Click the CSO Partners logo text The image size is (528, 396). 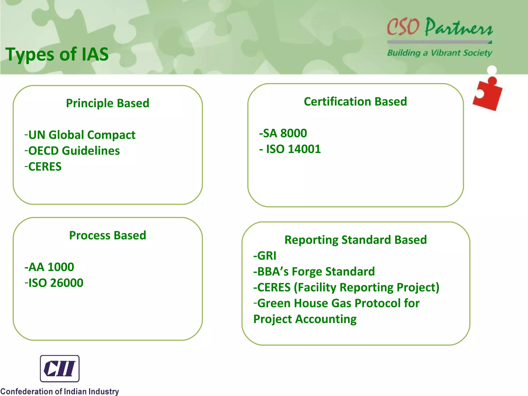coord(440,27)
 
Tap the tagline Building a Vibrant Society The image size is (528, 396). coord(440,53)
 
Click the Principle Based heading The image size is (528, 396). coord(108,103)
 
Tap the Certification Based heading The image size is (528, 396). coord(355,102)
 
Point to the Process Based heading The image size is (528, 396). coord(108,235)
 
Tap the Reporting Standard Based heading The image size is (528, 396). coord(356,240)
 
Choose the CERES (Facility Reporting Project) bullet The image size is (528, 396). coord(346,287)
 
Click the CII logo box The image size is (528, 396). coord(60,368)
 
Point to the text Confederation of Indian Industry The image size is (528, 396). coord(60,391)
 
